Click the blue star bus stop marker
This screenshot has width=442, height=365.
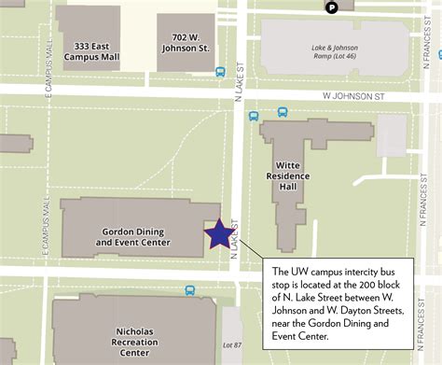218,233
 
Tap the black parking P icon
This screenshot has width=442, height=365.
331,8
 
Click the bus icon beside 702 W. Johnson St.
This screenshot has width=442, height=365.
221,72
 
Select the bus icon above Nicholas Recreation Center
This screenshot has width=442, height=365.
191,291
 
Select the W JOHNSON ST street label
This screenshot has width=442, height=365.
353,95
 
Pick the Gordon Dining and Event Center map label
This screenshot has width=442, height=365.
133,237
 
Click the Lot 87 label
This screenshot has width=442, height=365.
232,345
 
